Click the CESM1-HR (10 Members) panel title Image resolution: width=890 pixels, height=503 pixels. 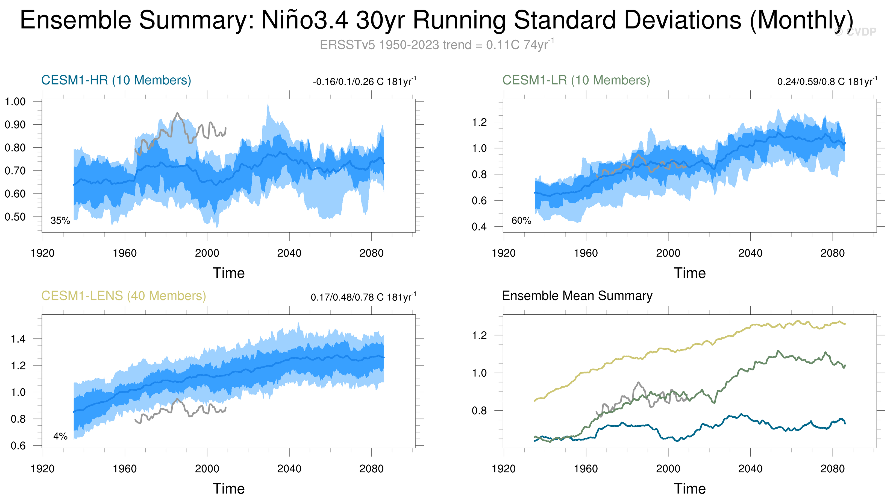point(116,80)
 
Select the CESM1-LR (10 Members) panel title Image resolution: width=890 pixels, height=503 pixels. point(576,80)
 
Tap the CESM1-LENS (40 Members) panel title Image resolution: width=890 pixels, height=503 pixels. point(124,296)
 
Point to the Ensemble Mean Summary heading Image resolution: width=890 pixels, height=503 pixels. point(577,296)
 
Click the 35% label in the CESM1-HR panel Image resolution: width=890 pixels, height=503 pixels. point(60,221)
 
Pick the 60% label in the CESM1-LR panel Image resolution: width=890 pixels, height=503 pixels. point(521,221)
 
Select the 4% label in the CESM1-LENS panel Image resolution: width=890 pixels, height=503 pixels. point(60,436)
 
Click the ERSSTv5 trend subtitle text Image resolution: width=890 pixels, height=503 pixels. point(437,45)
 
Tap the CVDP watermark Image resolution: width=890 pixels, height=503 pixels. point(856,32)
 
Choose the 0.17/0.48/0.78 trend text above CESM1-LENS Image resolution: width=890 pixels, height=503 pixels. point(363,297)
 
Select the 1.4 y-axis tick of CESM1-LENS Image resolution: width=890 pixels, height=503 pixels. point(18,339)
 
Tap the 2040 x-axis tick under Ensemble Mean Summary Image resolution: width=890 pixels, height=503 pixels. point(750,469)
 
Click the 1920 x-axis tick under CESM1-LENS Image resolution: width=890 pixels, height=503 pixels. point(43,469)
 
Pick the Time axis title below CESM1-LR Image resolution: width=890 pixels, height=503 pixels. point(690,273)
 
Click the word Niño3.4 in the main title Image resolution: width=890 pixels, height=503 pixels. point(305,20)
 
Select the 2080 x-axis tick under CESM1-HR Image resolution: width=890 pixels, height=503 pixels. point(371,253)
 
